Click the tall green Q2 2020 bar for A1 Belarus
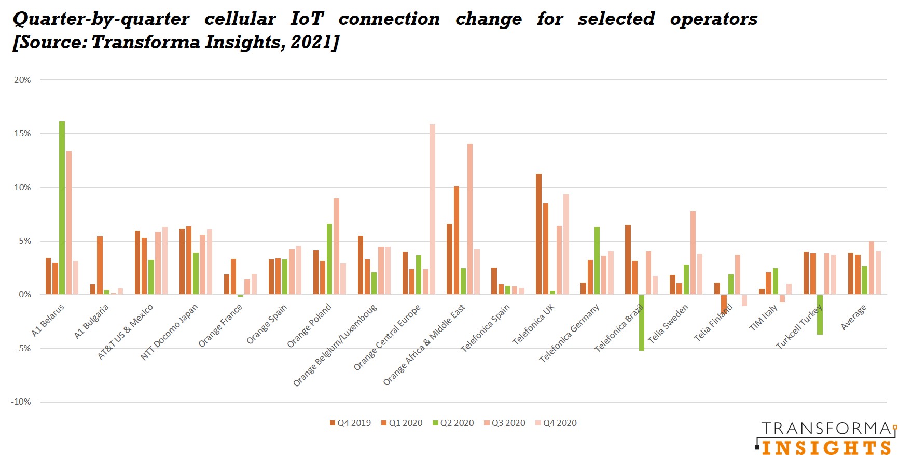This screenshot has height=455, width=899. point(62,208)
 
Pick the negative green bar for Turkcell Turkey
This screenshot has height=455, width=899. point(820,314)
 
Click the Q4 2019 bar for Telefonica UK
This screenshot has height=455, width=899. point(538,234)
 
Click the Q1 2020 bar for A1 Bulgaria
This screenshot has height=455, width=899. point(100,265)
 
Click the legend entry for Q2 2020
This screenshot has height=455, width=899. point(453,423)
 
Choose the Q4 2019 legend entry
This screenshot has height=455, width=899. point(351,423)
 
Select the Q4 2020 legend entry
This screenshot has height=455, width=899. point(556,423)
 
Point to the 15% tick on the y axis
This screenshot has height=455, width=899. point(22,134)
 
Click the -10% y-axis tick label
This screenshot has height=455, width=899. point(21,402)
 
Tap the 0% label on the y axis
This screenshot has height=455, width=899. point(24,295)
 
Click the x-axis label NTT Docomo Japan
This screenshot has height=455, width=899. point(169,333)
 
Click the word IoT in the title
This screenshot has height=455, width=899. point(307,19)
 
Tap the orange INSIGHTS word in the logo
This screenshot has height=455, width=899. point(826,447)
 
